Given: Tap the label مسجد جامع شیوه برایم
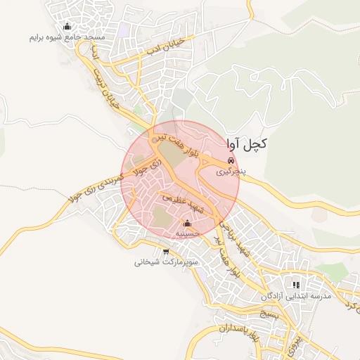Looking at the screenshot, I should point(67,37).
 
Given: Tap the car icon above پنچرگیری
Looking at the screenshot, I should point(231,161).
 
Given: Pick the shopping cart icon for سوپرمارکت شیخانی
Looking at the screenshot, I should point(165,252).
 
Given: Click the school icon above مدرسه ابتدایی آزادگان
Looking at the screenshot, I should point(297,285).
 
